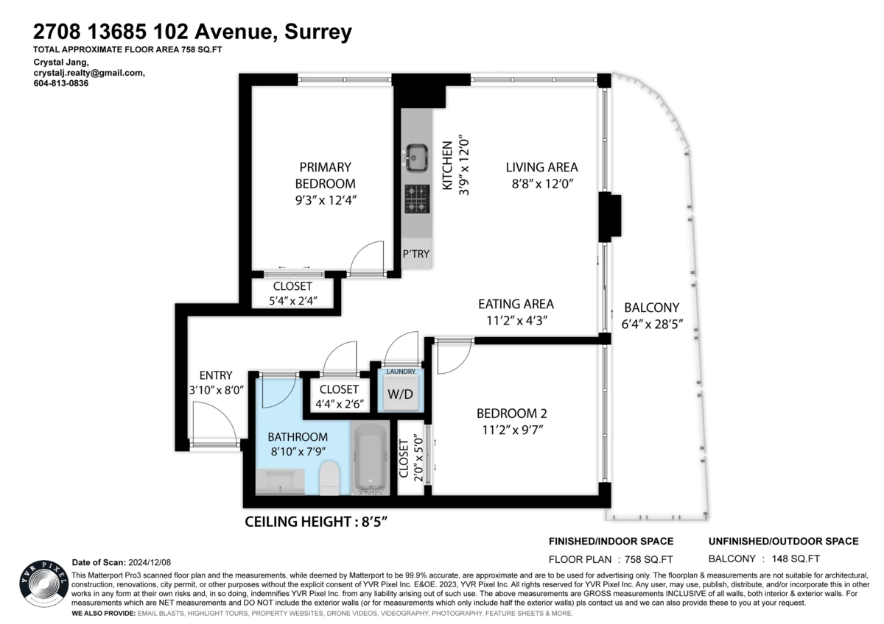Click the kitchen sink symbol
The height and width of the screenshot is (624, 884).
416,155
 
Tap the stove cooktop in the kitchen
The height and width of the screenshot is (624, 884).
416,199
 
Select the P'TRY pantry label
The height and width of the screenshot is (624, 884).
416,255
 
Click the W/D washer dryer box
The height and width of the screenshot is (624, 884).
401,394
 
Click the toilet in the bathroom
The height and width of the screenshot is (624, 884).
329,477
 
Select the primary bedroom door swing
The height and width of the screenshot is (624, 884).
368,259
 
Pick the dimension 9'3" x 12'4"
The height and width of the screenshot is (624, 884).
325,199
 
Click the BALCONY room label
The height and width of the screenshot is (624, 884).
651,308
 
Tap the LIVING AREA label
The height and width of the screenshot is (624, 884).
541,167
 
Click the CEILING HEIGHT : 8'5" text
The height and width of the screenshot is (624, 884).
316,522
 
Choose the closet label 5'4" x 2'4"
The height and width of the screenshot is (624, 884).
292,300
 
